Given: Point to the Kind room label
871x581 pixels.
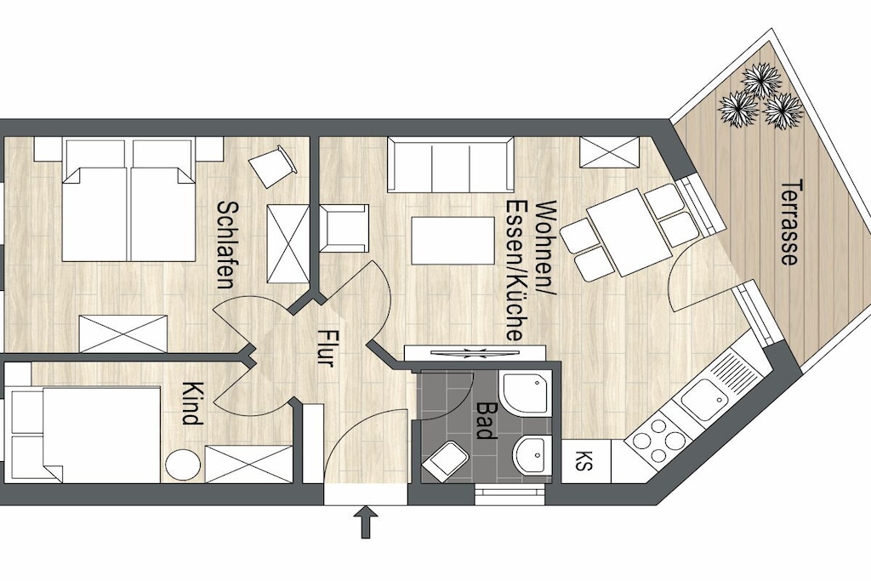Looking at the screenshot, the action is click(191, 402).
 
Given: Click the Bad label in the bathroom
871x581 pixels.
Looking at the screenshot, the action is click(487, 420).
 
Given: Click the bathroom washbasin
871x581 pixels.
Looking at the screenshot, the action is click(533, 455).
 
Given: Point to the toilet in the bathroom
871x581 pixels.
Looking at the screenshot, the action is click(446, 461).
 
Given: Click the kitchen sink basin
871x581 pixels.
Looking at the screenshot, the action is click(703, 396).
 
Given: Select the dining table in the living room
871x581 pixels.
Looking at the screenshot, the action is click(629, 232).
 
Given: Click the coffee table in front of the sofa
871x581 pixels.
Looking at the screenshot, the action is click(453, 241).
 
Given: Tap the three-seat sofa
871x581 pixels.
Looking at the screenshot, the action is click(450, 165).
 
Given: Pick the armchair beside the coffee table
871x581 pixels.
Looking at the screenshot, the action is click(344, 228).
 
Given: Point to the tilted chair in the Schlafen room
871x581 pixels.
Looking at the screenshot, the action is click(271, 166).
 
